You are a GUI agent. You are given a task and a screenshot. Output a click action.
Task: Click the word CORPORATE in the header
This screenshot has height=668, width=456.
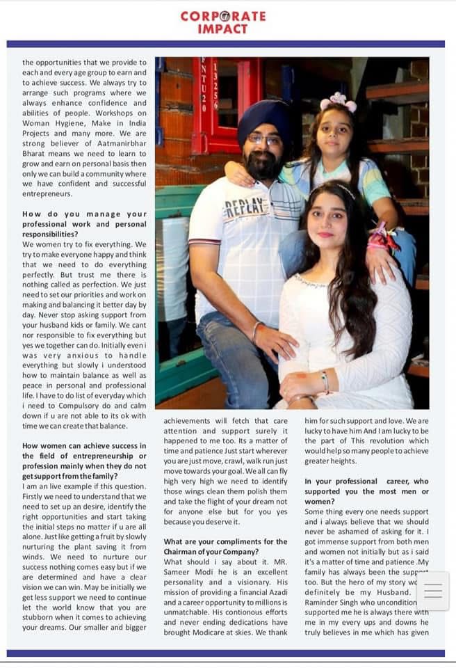pos(222,16)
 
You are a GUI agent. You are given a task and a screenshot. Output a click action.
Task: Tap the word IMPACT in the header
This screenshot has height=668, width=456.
pos(222,29)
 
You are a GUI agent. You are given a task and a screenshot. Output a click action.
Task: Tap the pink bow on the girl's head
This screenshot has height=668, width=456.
pos(339,103)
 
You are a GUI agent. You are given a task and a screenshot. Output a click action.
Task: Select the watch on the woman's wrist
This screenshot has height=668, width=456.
pos(325,380)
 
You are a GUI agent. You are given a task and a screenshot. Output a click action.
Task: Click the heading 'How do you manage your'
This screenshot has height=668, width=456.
pos(85,214)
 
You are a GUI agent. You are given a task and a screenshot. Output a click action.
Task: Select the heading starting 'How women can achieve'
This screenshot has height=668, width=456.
pos(85,446)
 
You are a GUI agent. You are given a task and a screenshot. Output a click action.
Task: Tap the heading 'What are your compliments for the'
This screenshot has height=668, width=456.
pos(225,541)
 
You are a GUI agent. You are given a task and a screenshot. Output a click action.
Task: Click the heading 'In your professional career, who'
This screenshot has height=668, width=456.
pos(366,482)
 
